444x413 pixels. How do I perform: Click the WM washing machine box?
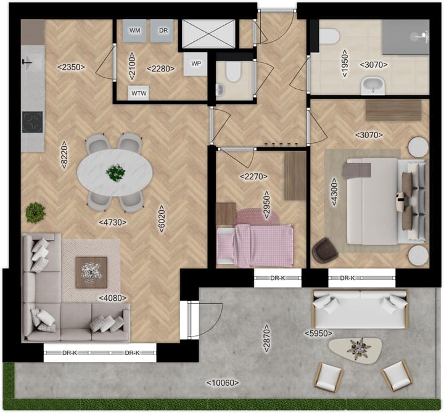tap(135, 31)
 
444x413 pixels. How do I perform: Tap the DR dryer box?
tap(163, 31)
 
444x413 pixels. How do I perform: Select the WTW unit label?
tap(138, 93)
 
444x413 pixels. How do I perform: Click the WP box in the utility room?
tap(196, 63)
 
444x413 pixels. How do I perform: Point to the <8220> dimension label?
tap(64, 155)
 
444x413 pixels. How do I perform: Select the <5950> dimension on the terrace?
tap(318, 333)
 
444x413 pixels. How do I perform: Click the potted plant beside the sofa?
tap(36, 213)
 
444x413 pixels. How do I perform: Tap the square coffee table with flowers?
tap(91, 272)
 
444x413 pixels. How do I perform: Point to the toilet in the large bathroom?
tap(328, 38)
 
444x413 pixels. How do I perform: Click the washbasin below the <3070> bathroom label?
tap(371, 85)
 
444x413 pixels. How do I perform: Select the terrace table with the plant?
tap(355, 349)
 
